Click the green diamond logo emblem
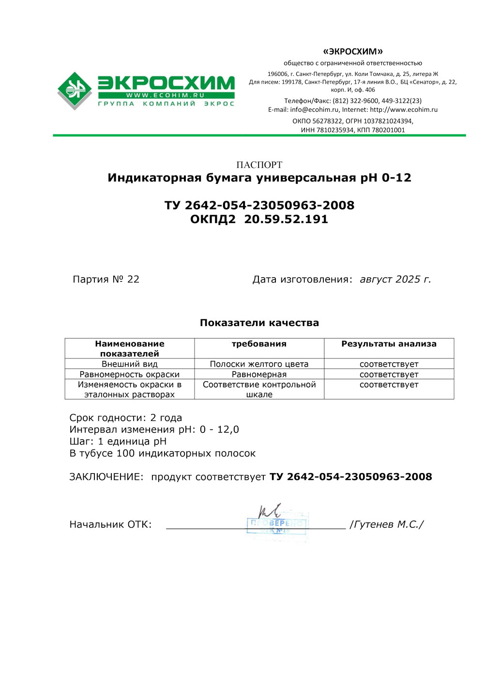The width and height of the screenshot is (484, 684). (75, 90)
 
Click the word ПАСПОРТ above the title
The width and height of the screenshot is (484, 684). (259, 165)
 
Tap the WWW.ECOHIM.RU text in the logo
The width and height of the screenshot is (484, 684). (166, 95)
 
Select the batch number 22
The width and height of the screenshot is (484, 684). (133, 280)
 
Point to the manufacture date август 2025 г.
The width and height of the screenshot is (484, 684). (395, 280)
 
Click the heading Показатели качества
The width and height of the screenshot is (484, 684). (259, 323)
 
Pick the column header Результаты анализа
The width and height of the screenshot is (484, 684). (389, 344)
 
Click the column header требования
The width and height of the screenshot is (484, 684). (259, 344)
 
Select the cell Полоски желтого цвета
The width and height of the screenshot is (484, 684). (259, 364)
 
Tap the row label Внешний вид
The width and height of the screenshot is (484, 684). (129, 364)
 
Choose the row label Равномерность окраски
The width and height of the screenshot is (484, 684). (129, 374)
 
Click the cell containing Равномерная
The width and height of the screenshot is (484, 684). (259, 374)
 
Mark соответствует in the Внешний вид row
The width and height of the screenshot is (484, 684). (389, 364)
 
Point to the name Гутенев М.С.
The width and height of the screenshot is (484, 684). (387, 525)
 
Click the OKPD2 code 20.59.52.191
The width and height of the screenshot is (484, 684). (286, 219)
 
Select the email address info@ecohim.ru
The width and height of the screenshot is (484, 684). (315, 110)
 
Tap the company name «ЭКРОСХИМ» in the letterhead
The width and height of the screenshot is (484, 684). (353, 51)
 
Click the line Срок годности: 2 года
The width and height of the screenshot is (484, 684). (126, 418)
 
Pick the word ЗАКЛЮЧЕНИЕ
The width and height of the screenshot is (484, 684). (106, 477)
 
